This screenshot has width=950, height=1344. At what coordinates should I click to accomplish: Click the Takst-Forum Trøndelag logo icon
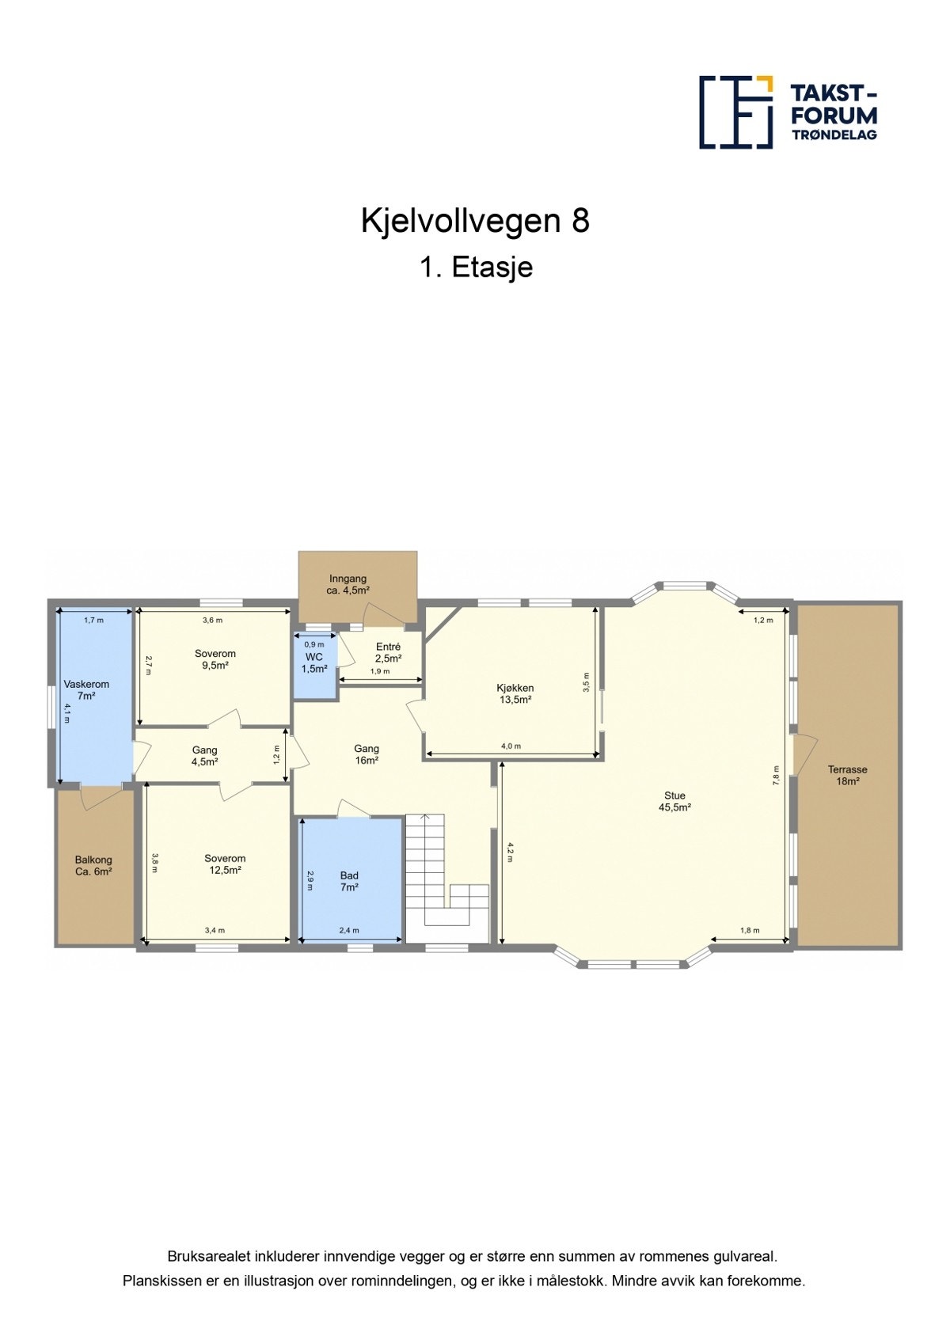coord(735,112)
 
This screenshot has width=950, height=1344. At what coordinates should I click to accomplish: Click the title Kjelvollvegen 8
coord(475,221)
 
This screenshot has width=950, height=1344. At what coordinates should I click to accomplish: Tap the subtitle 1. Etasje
coord(476,268)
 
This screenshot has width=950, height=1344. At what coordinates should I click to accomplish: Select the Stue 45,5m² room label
coord(674,802)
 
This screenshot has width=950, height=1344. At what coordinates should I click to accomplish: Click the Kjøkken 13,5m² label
coord(515,693)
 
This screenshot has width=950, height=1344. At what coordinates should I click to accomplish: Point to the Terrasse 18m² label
coord(847,775)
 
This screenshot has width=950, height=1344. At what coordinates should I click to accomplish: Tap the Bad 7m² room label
coord(349,881)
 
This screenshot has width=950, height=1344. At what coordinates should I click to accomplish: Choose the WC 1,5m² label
coord(314,663)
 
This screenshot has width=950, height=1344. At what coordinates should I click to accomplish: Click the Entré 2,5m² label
coord(388,652)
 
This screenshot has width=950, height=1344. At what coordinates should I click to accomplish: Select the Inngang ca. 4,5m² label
coord(348,584)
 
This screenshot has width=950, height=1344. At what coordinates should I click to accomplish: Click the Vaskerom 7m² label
coord(86,689)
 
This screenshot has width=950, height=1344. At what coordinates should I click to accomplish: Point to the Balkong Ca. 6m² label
coord(93,865)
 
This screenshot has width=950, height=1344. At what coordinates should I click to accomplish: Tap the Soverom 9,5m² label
coord(215,659)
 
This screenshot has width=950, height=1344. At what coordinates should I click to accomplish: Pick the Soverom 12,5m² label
coord(225,864)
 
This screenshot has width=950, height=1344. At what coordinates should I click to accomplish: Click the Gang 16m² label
coord(366,754)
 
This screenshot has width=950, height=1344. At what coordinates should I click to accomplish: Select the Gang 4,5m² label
coord(204,755)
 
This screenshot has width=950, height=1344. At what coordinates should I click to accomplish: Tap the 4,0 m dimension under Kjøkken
coord(511,746)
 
